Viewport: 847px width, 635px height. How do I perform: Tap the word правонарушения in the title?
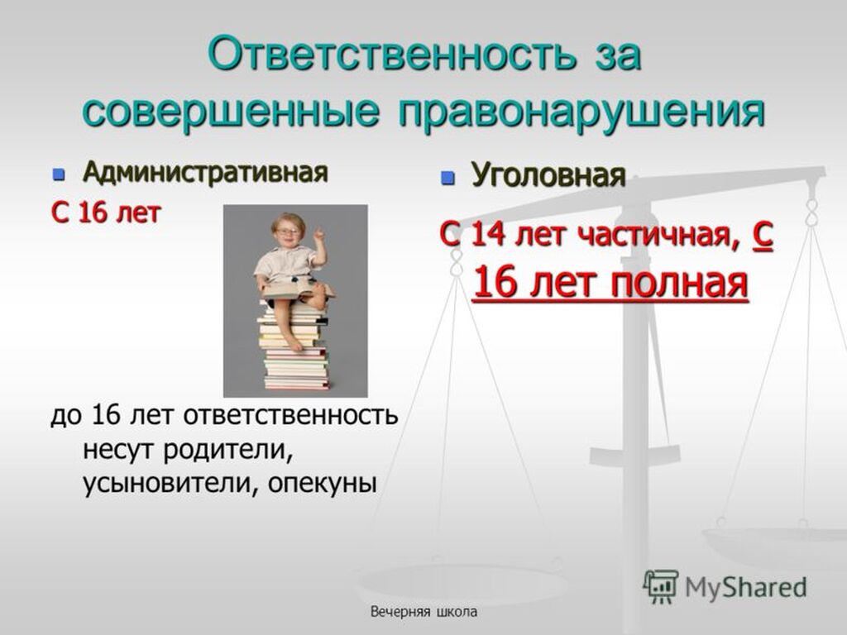(x=582, y=112)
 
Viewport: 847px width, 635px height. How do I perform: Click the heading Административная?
(x=205, y=173)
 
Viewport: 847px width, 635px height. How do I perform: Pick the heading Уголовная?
(x=548, y=174)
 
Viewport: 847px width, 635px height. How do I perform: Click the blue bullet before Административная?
(x=59, y=174)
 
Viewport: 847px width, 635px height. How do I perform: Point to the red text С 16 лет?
(x=106, y=212)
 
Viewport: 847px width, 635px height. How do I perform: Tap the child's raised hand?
(x=319, y=234)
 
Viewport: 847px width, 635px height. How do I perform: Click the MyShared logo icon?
(x=661, y=586)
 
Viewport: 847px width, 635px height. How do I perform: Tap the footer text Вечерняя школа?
(x=423, y=612)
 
